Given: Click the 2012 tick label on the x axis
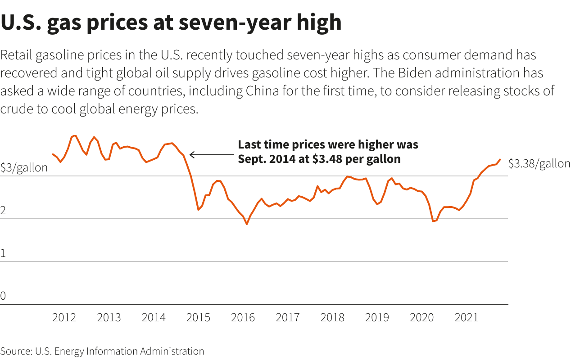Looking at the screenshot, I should coord(64,318).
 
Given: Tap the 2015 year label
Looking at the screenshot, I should coord(198,318).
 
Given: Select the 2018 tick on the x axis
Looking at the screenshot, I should coord(332,318).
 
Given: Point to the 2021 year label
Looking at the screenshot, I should coord(467,318).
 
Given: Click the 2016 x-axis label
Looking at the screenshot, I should coord(243,318).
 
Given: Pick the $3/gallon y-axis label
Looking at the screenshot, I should coord(24,168).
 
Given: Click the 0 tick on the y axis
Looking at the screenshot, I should coord(3,296).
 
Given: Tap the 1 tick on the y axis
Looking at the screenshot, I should coord(3,253).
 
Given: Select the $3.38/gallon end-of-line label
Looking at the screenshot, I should coord(539,164).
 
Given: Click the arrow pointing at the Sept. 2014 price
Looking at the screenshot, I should coord(212,155).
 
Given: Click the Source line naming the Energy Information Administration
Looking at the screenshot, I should coord(102,351).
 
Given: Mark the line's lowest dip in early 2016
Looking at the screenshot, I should coord(247,224).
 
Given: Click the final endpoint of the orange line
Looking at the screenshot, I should coord(500,159).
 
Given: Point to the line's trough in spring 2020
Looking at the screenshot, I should coord(433,221).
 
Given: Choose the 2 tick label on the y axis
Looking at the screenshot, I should coord(3,211).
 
